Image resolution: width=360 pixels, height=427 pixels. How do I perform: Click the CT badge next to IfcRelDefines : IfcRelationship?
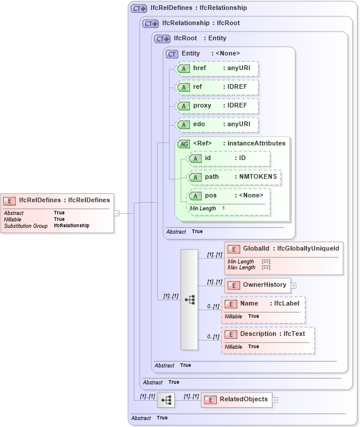pyautogui.click(x=139, y=9)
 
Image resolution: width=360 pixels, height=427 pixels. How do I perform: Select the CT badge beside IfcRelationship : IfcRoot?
pyautogui.click(x=151, y=24)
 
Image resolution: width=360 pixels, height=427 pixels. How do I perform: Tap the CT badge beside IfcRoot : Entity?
pyautogui.click(x=162, y=39)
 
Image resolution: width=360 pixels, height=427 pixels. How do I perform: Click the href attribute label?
pyautogui.click(x=199, y=68)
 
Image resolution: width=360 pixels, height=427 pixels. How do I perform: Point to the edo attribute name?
pyautogui.click(x=199, y=124)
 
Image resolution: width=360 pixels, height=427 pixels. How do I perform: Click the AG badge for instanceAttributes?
pyautogui.click(x=184, y=144)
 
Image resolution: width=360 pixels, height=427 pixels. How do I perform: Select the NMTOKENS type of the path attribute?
pyautogui.click(x=256, y=176)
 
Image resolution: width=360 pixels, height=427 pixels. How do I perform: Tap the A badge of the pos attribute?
pyautogui.click(x=195, y=196)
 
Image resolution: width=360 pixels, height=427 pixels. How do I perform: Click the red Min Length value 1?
pyautogui.click(x=223, y=209)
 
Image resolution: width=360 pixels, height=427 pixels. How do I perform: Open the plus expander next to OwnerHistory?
pyautogui.click(x=294, y=286)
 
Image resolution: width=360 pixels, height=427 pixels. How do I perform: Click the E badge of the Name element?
pyautogui.click(x=231, y=304)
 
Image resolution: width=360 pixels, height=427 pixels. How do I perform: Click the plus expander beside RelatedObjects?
pyautogui.click(x=275, y=400)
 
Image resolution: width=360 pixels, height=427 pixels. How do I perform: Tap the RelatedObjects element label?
pyautogui.click(x=244, y=400)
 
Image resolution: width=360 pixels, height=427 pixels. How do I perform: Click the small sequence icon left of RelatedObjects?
pyautogui.click(x=166, y=400)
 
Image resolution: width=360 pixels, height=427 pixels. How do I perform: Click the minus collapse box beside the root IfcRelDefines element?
pyautogui.click(x=116, y=213)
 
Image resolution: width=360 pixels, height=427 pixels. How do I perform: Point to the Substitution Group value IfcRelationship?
pyautogui.click(x=72, y=225)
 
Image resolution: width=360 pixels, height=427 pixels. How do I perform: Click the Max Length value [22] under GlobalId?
pyautogui.click(x=266, y=268)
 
